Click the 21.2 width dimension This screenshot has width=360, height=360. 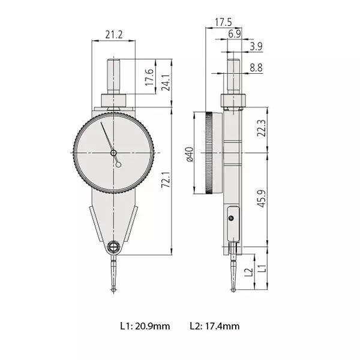(x=113, y=35)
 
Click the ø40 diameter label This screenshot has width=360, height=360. (x=188, y=154)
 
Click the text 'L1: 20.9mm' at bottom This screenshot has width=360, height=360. (x=145, y=326)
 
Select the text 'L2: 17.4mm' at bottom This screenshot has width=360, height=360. (x=215, y=326)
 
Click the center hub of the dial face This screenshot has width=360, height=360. (x=114, y=154)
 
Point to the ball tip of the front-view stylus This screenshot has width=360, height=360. (x=114, y=292)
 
